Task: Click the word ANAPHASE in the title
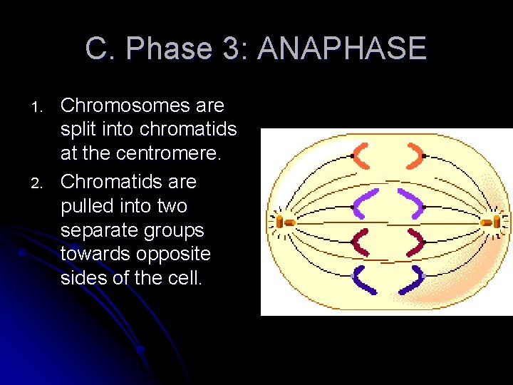click(x=342, y=49)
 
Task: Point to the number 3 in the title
click(x=230, y=49)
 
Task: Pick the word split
click(x=79, y=130)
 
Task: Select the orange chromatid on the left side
click(x=361, y=155)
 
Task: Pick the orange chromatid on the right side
click(x=415, y=155)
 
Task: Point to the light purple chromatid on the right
click(x=410, y=202)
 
